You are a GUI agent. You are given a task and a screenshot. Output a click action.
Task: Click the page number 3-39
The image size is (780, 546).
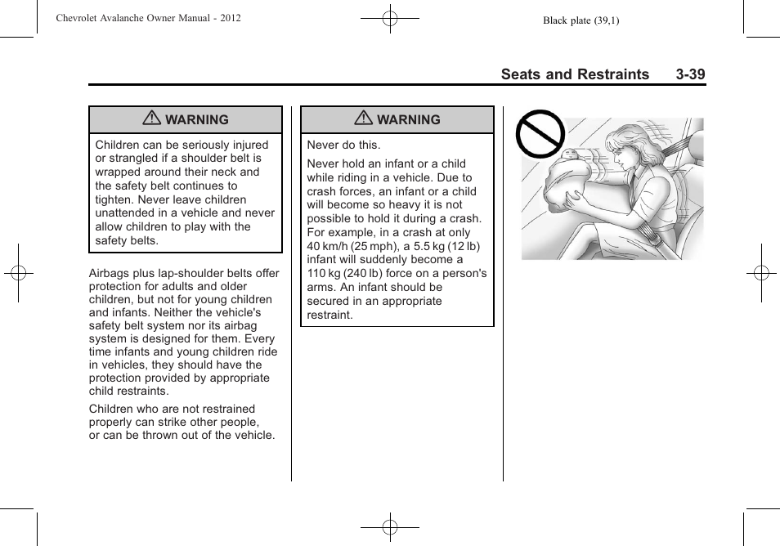[690, 74]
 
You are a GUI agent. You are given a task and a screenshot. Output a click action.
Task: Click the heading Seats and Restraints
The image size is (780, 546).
[575, 74]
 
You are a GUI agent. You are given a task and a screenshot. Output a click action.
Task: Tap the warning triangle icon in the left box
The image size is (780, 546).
[151, 119]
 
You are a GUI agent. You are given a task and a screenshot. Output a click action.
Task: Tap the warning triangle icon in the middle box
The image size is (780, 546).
[363, 119]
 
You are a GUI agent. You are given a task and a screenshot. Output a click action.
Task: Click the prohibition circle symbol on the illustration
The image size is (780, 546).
[540, 135]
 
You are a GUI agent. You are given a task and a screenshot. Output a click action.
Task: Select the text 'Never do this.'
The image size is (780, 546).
[343, 145]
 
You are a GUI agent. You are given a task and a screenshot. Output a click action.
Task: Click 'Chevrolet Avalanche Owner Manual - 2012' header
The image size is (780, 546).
[148, 17]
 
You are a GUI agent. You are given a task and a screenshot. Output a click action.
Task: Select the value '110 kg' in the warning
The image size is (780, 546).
[325, 274]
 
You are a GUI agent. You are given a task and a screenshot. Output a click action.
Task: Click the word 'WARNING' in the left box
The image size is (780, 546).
[197, 120]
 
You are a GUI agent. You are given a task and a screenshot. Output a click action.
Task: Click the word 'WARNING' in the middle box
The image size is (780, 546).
[409, 120]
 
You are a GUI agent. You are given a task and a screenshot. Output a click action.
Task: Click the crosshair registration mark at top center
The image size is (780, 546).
[390, 17]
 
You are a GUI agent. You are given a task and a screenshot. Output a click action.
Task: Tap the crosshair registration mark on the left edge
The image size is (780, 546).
[18, 273]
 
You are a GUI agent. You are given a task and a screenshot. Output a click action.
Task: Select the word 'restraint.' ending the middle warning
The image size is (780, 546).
[330, 315]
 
